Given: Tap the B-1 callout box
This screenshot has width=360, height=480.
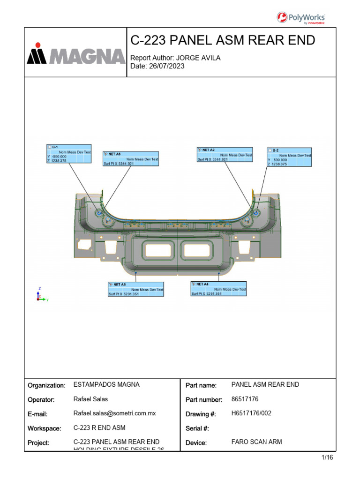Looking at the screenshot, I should (69, 154).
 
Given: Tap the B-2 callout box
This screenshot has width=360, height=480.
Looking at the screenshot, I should (289, 157).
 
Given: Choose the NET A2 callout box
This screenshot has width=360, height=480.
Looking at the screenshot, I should (225, 154).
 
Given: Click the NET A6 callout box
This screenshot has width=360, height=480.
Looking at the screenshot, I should (136, 289).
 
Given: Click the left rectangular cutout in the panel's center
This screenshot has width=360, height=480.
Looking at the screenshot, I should (160, 250).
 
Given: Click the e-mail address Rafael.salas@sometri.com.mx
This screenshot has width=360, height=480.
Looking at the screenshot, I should (114, 413).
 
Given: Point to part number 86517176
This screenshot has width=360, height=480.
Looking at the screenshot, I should (245, 399).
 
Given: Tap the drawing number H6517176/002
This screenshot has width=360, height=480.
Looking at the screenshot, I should (251, 413).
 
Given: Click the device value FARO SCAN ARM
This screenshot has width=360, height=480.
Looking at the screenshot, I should (256, 442).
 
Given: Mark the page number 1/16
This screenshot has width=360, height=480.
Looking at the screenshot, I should (327, 458).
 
